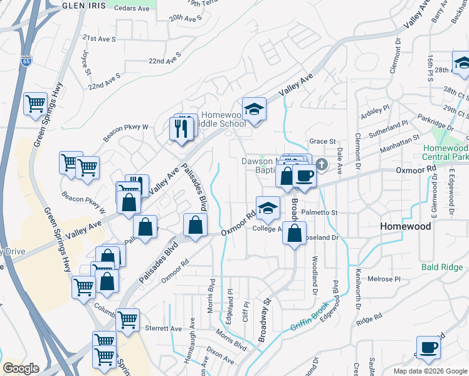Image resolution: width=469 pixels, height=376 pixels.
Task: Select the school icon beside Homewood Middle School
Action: coord(254,110)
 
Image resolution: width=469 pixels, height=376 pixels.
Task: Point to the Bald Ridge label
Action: coord(443,268)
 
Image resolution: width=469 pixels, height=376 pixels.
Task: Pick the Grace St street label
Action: coord(322,142)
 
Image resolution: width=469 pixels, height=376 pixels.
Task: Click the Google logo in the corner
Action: coord(21,368)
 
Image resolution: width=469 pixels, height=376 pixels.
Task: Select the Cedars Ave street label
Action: coord(135,9)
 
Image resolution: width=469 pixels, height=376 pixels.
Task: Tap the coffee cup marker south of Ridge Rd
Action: coord(429,348)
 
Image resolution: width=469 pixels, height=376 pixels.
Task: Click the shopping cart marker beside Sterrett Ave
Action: coord(127,320)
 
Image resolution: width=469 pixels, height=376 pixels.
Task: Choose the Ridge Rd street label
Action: coord(369,320)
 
